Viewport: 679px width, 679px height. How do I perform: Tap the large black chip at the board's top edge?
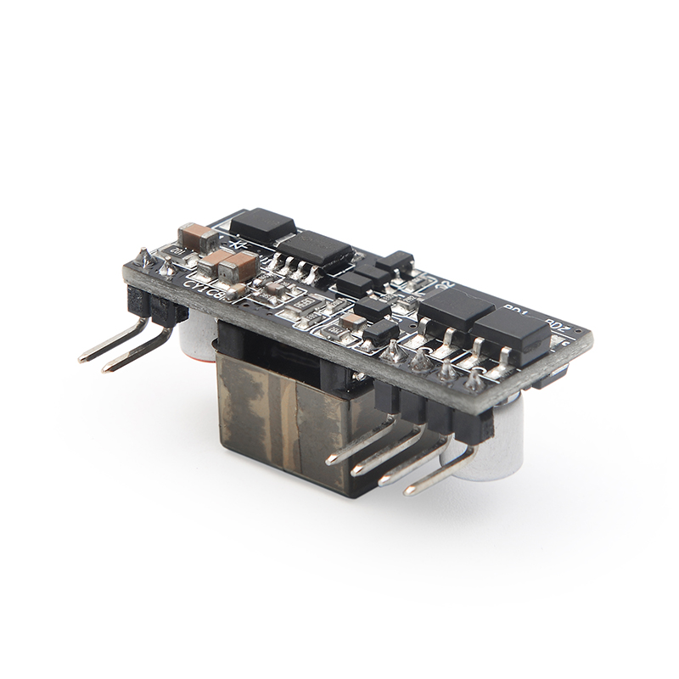(x=263, y=224)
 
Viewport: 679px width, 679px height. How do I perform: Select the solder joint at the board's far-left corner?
(x=144, y=256)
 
